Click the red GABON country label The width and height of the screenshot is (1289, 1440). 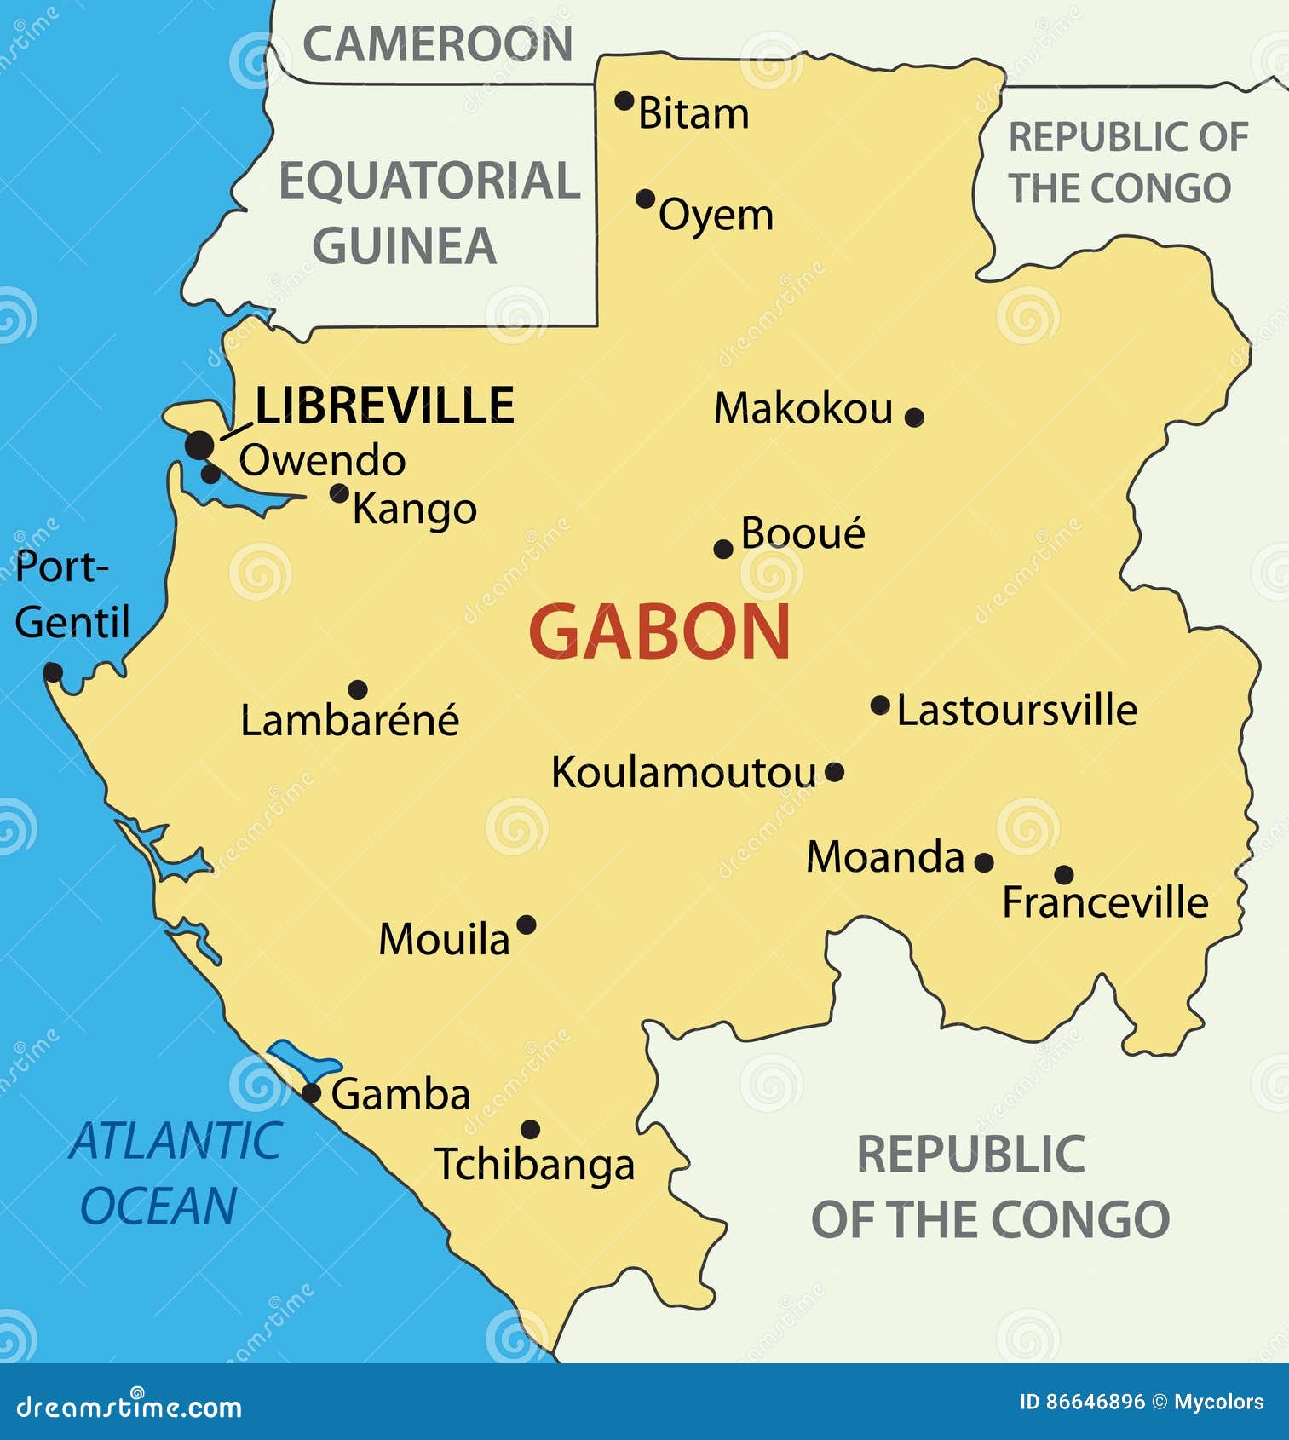(x=659, y=631)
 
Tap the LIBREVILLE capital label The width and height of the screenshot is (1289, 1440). (x=384, y=406)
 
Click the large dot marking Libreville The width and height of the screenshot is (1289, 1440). (x=199, y=444)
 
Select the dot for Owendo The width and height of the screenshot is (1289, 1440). (x=210, y=474)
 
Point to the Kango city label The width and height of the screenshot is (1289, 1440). (x=414, y=510)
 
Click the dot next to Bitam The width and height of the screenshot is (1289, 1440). (x=624, y=101)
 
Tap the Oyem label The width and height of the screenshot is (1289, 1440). (x=716, y=215)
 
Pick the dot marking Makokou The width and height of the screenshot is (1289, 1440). (x=914, y=417)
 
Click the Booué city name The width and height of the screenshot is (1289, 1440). (x=803, y=534)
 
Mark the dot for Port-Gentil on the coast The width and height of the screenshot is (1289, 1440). (x=53, y=672)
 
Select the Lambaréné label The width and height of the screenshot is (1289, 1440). (x=349, y=721)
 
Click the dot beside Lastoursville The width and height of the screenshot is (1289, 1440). (x=880, y=706)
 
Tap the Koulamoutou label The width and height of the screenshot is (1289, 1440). (x=684, y=774)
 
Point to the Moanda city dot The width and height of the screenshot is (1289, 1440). (x=984, y=862)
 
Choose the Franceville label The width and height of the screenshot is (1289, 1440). (x=1105, y=902)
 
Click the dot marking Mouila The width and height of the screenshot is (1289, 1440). (x=527, y=924)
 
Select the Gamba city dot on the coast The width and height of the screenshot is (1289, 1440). (x=312, y=1093)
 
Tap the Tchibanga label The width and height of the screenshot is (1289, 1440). (x=534, y=1165)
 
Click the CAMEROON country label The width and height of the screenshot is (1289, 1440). (x=438, y=44)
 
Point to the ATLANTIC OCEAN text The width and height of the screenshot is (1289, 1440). (x=175, y=1173)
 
